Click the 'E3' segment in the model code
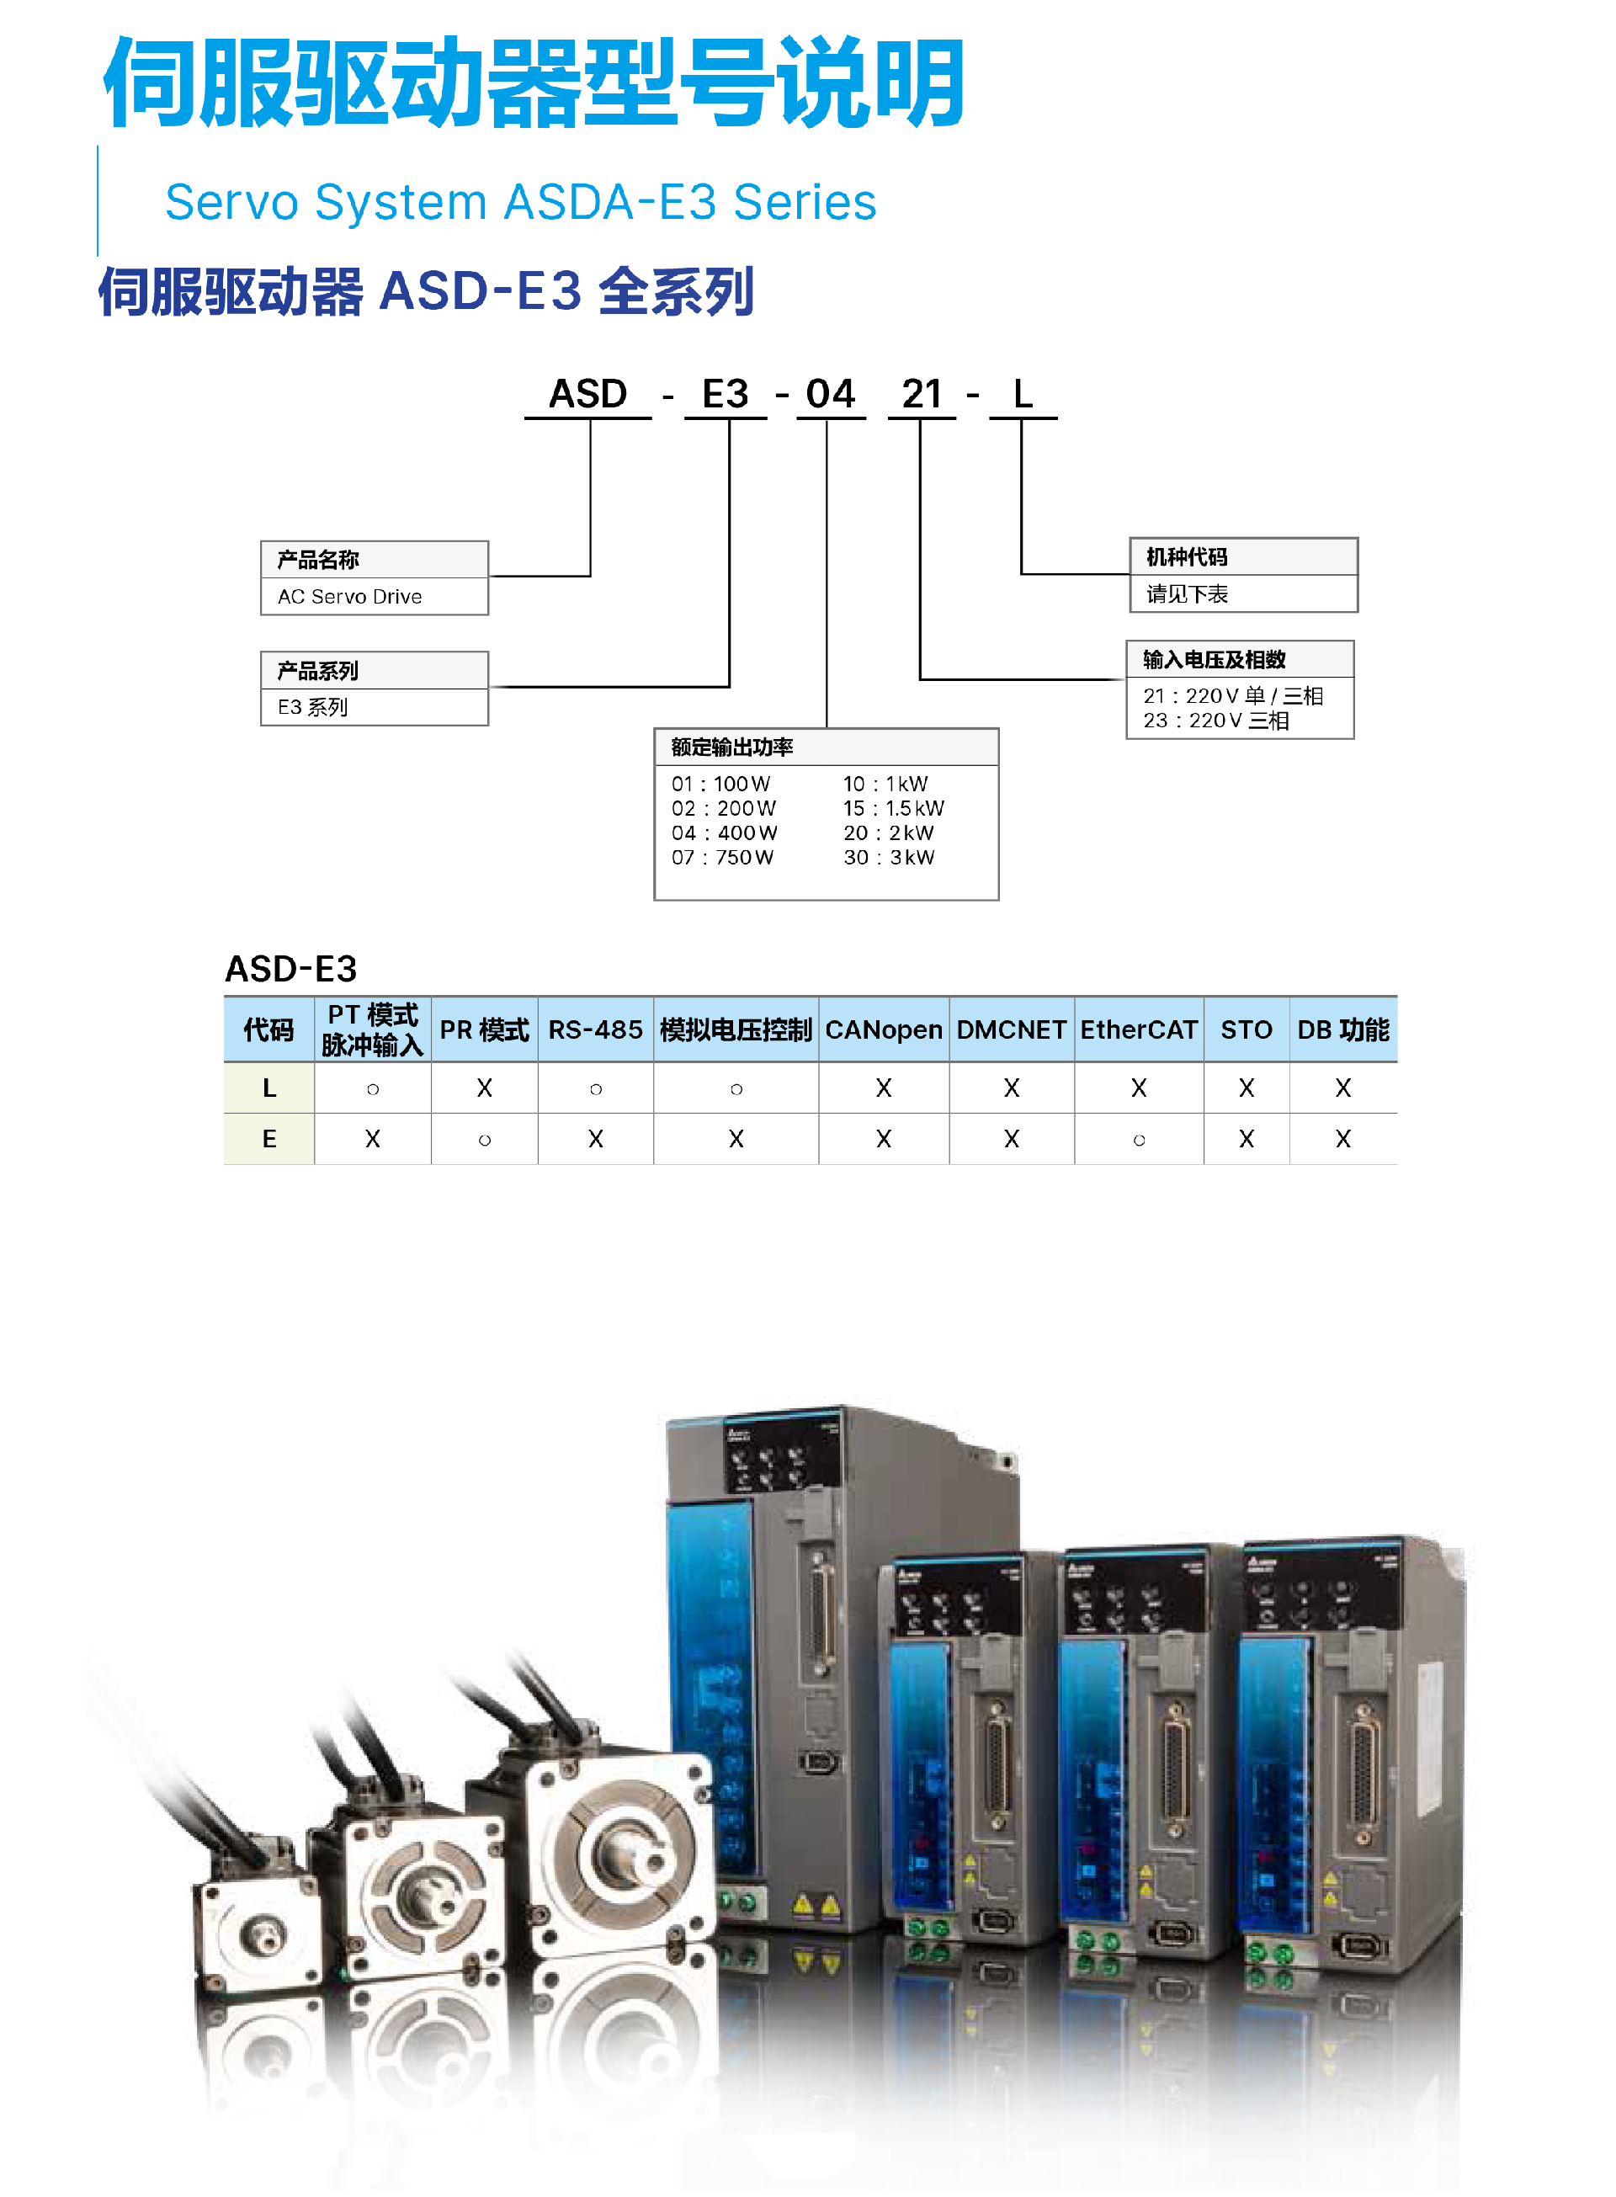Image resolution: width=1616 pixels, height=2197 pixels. [x=725, y=393]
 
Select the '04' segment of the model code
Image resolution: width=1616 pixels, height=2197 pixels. [x=831, y=393]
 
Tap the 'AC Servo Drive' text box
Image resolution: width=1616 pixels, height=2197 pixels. [x=375, y=597]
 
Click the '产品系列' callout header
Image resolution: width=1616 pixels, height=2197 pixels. [x=375, y=670]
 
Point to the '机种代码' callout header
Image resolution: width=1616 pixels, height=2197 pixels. [x=1243, y=556]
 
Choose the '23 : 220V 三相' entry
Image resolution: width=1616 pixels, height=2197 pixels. [x=1216, y=721]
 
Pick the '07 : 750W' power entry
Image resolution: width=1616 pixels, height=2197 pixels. [x=722, y=858]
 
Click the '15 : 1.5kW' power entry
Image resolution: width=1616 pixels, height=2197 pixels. [x=894, y=809]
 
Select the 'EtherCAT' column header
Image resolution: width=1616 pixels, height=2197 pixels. [x=1139, y=1030]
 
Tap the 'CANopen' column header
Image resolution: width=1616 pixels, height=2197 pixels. [x=883, y=1030]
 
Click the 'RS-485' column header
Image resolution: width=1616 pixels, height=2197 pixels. [x=595, y=1030]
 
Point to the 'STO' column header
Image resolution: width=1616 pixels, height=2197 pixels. [x=1247, y=1030]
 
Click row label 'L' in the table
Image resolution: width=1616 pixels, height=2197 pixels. [x=269, y=1088]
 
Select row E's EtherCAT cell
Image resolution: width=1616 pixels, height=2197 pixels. [x=1139, y=1140]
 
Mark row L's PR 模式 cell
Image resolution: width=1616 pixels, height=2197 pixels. [x=484, y=1088]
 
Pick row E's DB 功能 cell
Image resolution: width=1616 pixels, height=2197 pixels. [x=1343, y=1140]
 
